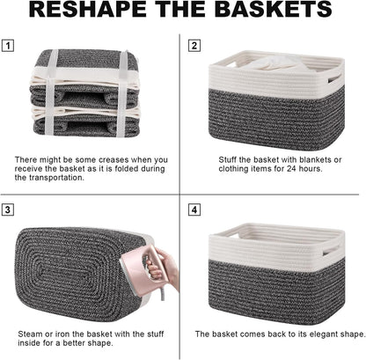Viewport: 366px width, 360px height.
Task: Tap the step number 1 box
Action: [8, 45]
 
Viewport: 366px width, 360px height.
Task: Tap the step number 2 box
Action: [194, 45]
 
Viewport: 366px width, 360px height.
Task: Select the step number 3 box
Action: [8, 210]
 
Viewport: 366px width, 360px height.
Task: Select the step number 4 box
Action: [194, 210]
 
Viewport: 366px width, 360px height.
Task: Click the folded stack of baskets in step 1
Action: [85, 92]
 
